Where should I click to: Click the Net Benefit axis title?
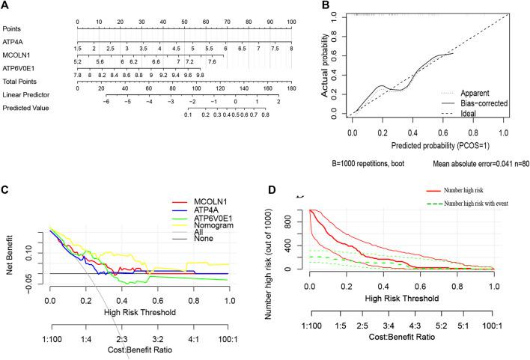pos(14,258)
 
